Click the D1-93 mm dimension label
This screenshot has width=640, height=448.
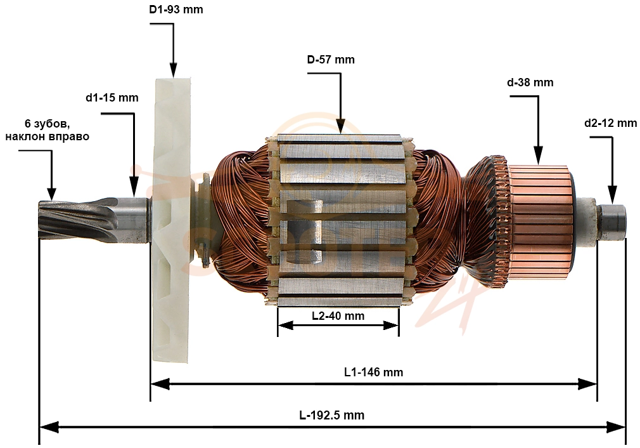pyautogui.click(x=176, y=9)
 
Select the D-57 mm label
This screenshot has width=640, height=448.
pyautogui.click(x=331, y=60)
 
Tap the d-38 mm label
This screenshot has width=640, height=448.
pyautogui.click(x=530, y=82)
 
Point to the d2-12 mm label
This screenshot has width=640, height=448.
pyautogui.click(x=611, y=122)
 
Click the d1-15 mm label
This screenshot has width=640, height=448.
pyautogui.click(x=112, y=98)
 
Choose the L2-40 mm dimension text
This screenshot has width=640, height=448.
pyautogui.click(x=338, y=315)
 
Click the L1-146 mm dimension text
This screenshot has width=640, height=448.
pyautogui.click(x=373, y=372)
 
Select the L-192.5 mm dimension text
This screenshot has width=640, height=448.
pyautogui.click(x=331, y=415)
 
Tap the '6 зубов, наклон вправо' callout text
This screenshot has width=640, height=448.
pyautogui.click(x=47, y=130)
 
